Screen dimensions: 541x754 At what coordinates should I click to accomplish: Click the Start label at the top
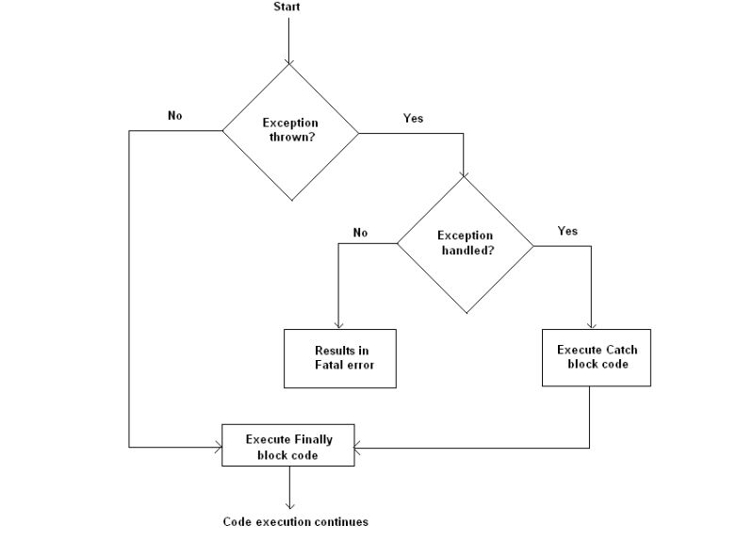[287, 8]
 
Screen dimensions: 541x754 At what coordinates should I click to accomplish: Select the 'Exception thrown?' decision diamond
[290, 131]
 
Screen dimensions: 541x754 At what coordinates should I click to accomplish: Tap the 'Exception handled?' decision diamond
[465, 244]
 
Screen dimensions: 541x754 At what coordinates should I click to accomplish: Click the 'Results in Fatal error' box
[340, 358]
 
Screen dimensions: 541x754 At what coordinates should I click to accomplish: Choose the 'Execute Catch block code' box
[597, 357]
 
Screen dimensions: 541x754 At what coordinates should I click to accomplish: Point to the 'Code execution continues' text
[295, 521]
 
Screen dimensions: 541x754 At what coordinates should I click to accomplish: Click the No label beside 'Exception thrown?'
[174, 116]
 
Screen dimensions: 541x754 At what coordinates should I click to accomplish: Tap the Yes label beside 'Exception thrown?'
[413, 119]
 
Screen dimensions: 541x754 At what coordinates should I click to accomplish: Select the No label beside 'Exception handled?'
[360, 232]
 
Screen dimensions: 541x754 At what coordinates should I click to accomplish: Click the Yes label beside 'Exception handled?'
[567, 231]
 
